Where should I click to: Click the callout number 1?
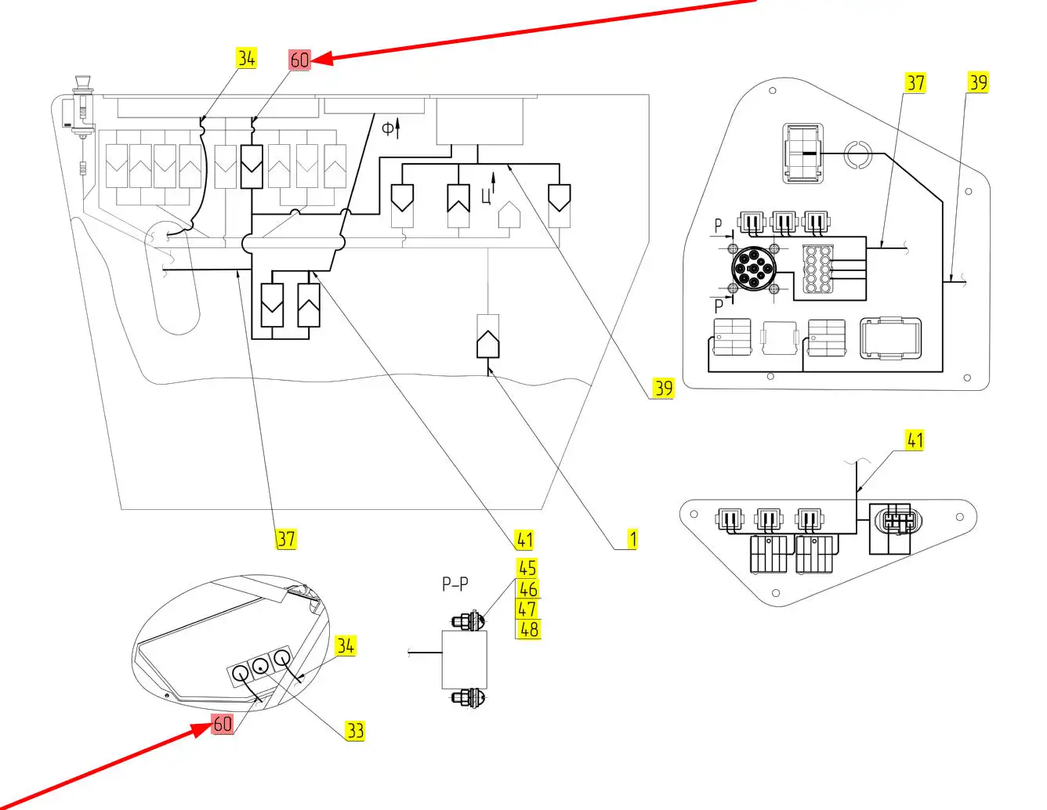pyautogui.click(x=632, y=539)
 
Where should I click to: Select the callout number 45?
pyautogui.click(x=527, y=568)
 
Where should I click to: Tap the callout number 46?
pyautogui.click(x=528, y=589)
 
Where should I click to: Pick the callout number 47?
pyautogui.click(x=527, y=609)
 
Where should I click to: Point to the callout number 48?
pyautogui.click(x=529, y=629)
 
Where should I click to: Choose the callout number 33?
pyautogui.click(x=355, y=731)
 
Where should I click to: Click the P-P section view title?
pyautogui.click(x=455, y=584)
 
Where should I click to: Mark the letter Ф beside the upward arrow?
pyautogui.click(x=387, y=128)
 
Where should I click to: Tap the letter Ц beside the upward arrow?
pyautogui.click(x=486, y=194)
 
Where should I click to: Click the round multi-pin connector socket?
pyautogui.click(x=753, y=269)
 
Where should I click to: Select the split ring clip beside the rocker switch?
pyautogui.click(x=857, y=154)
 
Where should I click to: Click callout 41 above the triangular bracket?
pyautogui.click(x=915, y=440)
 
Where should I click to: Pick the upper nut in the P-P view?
pyautogui.click(x=468, y=620)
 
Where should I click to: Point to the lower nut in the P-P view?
pyautogui.click(x=468, y=696)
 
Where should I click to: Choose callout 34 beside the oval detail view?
pyautogui.click(x=345, y=646)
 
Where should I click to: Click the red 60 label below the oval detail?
pyautogui.click(x=223, y=724)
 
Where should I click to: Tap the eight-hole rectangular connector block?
pyautogui.click(x=818, y=269)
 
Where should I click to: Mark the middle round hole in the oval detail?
pyautogui.click(x=259, y=667)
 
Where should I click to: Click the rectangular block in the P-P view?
pyautogui.click(x=465, y=659)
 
